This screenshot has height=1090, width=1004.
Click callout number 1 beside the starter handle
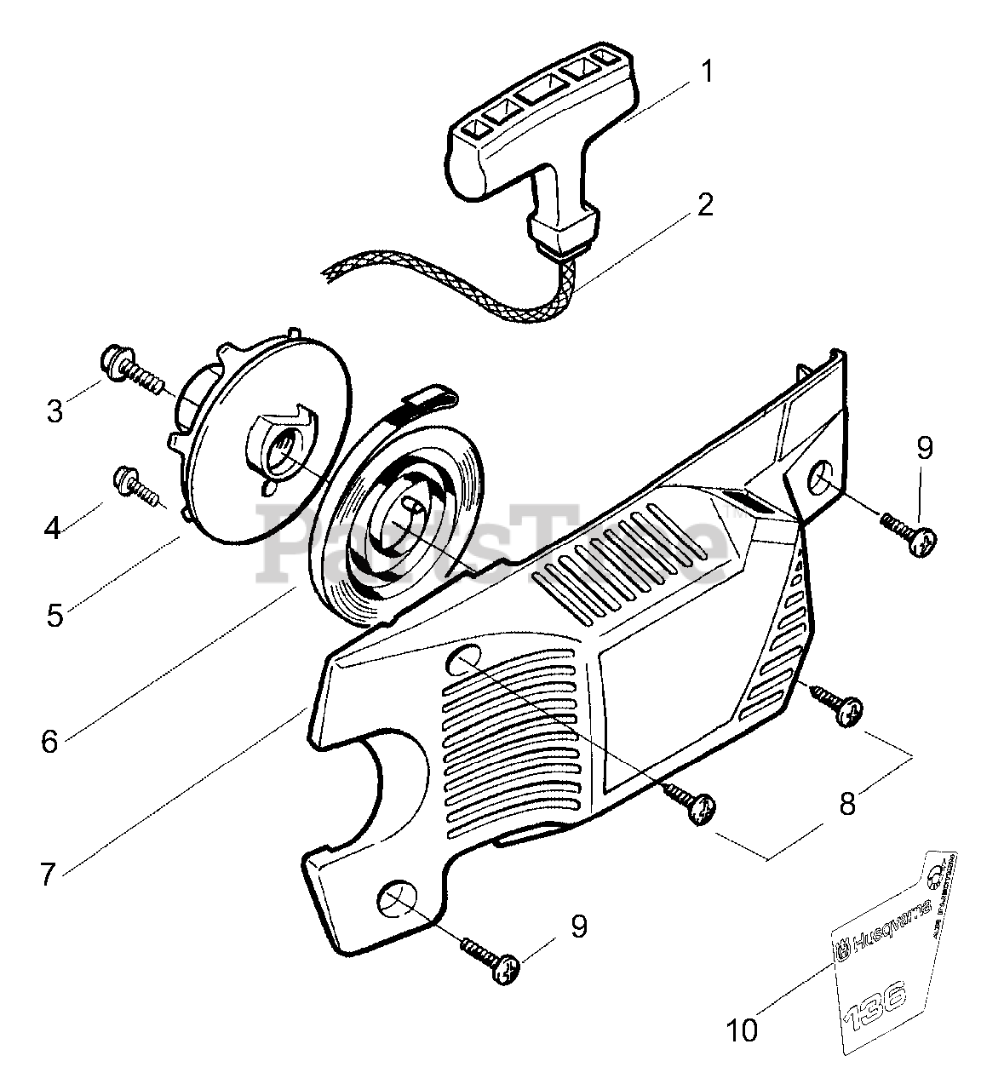(x=705, y=71)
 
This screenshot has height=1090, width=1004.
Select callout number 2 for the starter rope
(x=705, y=205)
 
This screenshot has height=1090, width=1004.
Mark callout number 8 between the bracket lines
(x=846, y=803)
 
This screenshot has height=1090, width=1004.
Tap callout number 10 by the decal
(x=743, y=1030)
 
